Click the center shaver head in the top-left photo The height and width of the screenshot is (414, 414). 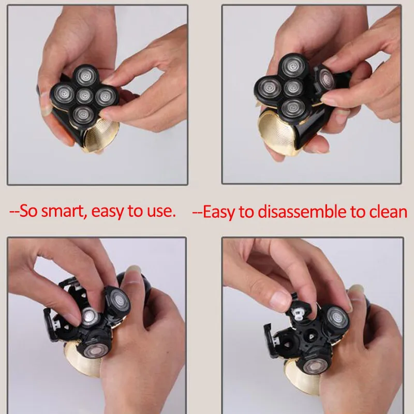click(84, 96)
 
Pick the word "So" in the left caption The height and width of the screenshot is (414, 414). click(28, 211)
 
